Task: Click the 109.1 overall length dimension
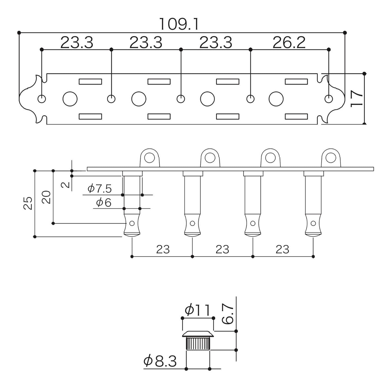point(179,24)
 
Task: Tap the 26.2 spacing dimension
point(289,42)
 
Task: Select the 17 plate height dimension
point(356,99)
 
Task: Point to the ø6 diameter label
point(104,202)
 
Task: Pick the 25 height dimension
point(28,203)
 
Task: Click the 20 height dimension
point(46,197)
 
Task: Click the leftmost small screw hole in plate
point(42,99)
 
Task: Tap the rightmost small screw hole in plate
point(329,99)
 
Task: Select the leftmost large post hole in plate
point(70,99)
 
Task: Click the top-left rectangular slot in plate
point(90,81)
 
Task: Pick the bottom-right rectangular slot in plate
point(296,117)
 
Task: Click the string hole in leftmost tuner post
point(132,223)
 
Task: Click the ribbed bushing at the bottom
point(198,344)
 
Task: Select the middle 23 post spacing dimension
point(222,249)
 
